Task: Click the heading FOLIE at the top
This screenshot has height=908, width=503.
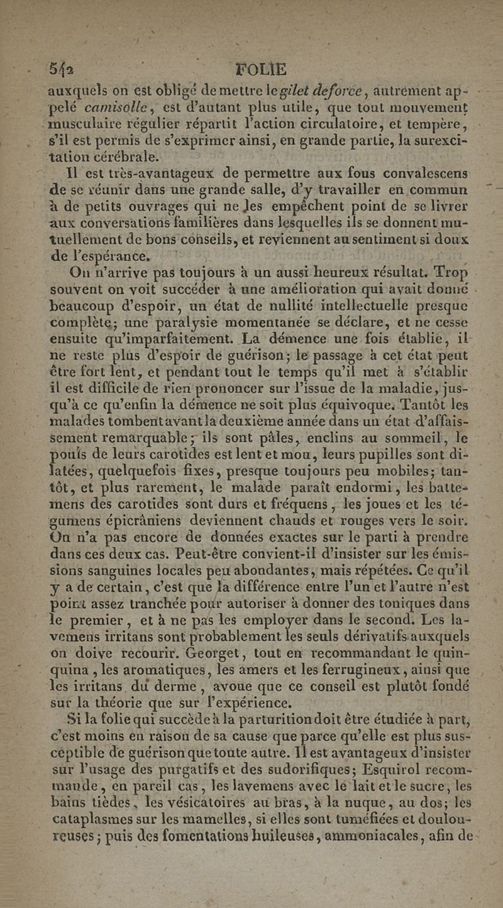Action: pyautogui.click(x=260, y=68)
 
